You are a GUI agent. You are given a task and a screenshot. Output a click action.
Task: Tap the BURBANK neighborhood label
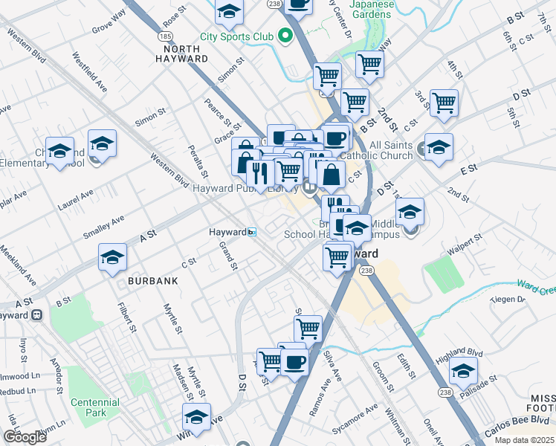point(153,281)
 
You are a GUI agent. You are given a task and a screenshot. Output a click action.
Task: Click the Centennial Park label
point(94,407)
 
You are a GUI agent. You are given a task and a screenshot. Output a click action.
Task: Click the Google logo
point(25,437)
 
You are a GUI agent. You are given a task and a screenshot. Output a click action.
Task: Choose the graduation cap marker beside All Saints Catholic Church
point(439,146)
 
